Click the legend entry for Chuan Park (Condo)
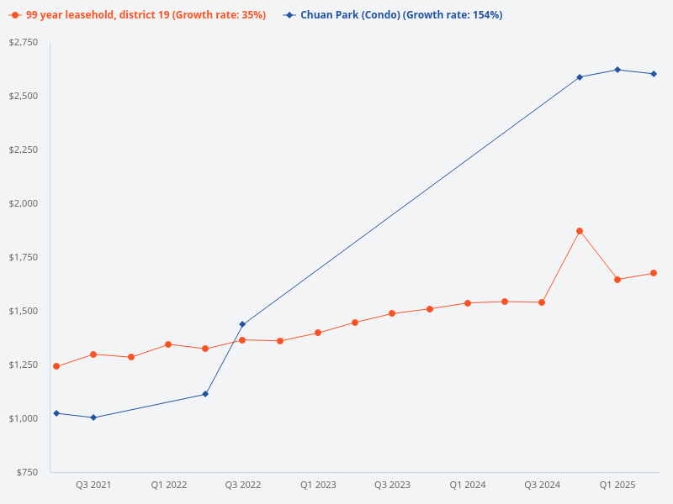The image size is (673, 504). (x=393, y=15)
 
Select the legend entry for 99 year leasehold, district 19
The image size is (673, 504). (x=139, y=15)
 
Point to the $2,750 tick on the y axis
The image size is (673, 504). (x=24, y=42)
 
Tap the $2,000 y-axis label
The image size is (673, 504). (x=24, y=203)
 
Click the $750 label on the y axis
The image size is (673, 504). (x=28, y=472)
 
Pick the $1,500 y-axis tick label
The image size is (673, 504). (x=24, y=311)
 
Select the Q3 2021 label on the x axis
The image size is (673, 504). (x=93, y=486)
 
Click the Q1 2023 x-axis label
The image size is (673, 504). (x=318, y=486)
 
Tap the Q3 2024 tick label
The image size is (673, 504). (x=542, y=486)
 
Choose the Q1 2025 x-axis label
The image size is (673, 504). (x=617, y=486)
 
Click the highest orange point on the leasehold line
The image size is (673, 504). (x=580, y=231)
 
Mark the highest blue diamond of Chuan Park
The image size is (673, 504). (x=617, y=70)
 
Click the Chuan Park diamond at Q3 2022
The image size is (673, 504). (x=242, y=324)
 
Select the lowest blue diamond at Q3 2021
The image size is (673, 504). (x=93, y=417)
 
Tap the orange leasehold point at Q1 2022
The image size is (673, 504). (x=168, y=344)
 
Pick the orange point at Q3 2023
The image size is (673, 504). (x=392, y=313)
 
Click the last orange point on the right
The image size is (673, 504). (x=654, y=273)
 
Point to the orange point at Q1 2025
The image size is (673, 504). (x=617, y=280)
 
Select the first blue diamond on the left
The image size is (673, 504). (x=56, y=413)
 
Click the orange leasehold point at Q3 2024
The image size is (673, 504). (x=542, y=302)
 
